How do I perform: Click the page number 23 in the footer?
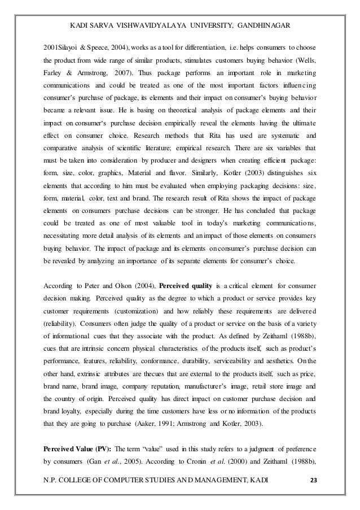tap(314, 480)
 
